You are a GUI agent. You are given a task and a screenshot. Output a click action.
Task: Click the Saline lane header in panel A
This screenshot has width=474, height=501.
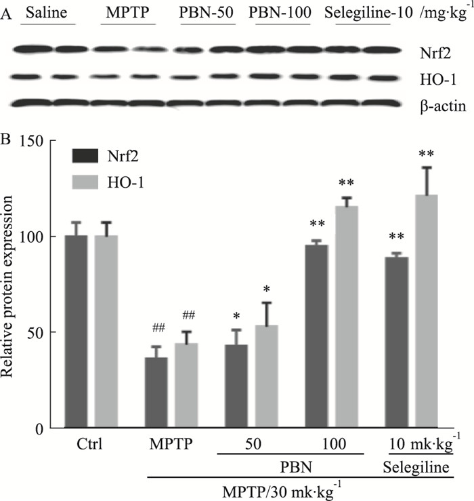(x=47, y=13)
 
